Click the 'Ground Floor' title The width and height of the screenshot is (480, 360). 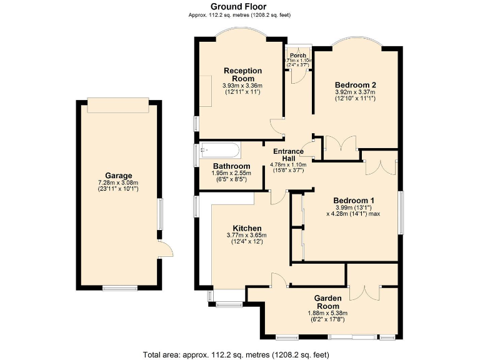tap(239, 7)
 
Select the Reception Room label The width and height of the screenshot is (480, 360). tap(242, 74)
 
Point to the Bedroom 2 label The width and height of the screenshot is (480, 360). tap(355, 85)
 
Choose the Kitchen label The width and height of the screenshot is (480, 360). tap(247, 228)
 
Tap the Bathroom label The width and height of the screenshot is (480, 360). tap(223, 166)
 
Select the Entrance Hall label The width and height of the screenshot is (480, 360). tap(288, 154)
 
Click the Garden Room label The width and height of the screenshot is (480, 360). tap(327, 302)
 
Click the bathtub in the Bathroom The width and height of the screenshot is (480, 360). tap(218, 150)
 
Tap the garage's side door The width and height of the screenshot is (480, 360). tap(164, 250)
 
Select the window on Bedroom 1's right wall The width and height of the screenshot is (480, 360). tap(400, 212)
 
